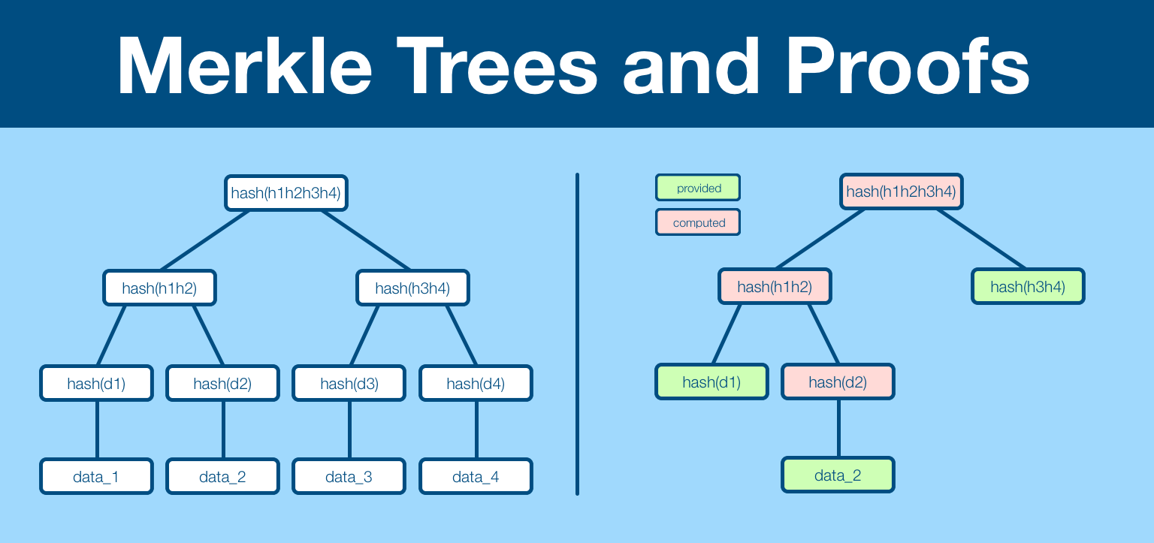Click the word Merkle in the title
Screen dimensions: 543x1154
(x=245, y=66)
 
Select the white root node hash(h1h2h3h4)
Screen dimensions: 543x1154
(x=286, y=193)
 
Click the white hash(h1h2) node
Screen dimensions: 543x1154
(x=159, y=288)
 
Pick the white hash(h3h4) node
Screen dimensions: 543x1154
(x=412, y=288)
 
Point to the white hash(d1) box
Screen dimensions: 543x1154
(x=96, y=383)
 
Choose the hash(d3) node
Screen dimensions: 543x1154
(x=349, y=383)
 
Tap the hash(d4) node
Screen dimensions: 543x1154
(x=476, y=383)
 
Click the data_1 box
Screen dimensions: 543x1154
(x=96, y=476)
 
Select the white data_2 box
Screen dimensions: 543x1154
(x=222, y=476)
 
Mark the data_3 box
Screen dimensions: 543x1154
(x=349, y=476)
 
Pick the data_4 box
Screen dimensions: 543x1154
(x=476, y=476)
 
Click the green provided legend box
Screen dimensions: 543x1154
(x=698, y=188)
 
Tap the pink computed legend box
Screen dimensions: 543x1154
(x=698, y=222)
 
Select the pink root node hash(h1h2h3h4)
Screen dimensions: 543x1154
(x=901, y=191)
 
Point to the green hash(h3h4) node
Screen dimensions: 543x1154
(x=1028, y=286)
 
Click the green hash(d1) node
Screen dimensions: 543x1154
(x=711, y=382)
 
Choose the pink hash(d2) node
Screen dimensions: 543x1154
(x=838, y=382)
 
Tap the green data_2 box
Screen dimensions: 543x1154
(x=838, y=475)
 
